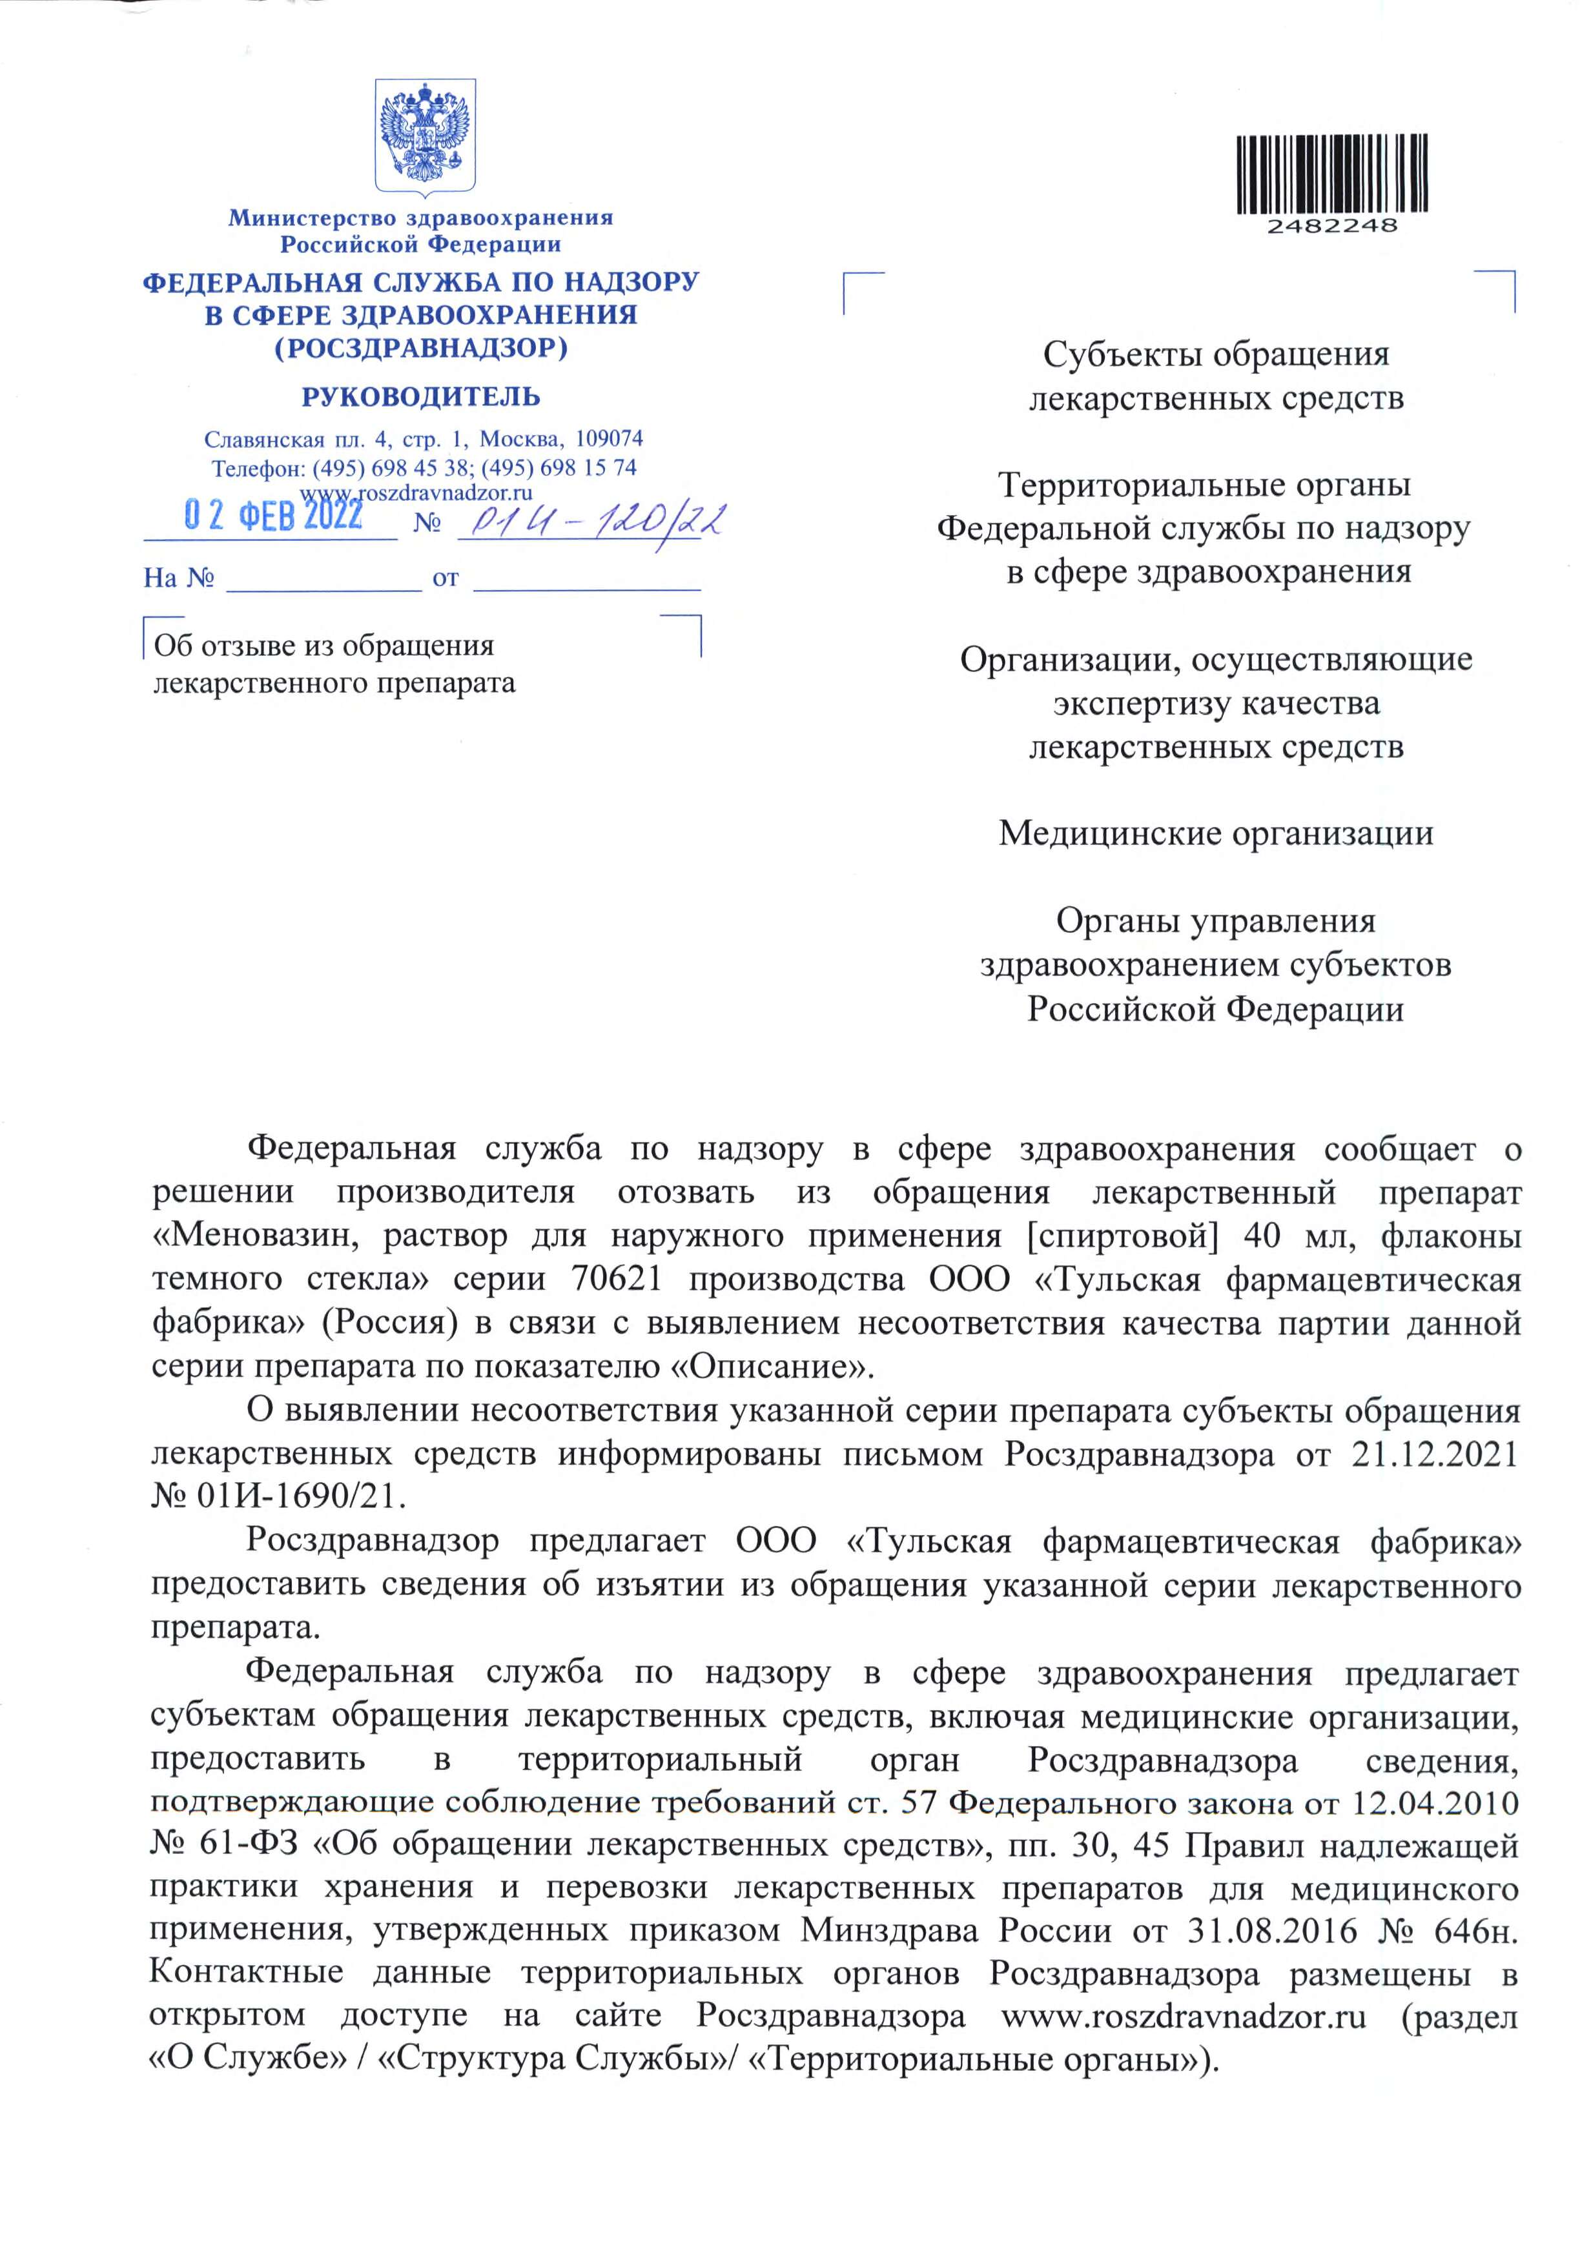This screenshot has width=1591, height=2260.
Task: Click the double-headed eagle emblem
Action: [x=426, y=135]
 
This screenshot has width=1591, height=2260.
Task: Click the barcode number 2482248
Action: [x=1331, y=225]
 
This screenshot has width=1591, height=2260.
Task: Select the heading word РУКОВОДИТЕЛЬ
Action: [x=420, y=397]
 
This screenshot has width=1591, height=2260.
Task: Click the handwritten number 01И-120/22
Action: [x=591, y=519]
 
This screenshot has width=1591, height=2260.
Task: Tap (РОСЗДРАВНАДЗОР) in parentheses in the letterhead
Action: [x=420, y=347]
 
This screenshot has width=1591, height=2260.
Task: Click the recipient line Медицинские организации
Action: [x=1216, y=834]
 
